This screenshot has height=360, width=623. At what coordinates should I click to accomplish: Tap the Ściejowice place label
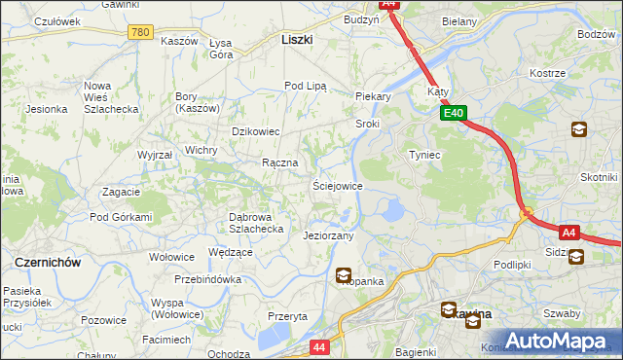[x=337, y=185]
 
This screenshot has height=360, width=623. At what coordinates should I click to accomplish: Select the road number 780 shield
[x=140, y=32]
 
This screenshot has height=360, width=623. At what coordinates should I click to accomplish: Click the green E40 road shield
[x=454, y=114]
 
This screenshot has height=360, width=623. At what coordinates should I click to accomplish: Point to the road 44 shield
[x=320, y=345]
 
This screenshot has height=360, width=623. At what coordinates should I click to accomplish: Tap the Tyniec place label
[x=425, y=155]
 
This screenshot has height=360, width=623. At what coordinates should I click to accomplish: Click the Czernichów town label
[x=47, y=263]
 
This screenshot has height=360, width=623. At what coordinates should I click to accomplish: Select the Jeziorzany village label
[x=328, y=235]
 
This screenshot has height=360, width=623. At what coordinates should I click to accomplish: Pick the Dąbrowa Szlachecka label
[x=255, y=223]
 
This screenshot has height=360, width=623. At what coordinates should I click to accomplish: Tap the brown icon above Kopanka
[x=344, y=277]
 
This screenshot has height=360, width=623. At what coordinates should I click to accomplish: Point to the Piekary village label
[x=373, y=96]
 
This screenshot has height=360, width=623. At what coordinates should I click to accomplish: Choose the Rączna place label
[x=278, y=162]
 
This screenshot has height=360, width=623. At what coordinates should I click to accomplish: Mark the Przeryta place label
[x=287, y=316]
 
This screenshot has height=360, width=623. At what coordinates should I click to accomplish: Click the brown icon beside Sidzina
[x=576, y=257]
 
